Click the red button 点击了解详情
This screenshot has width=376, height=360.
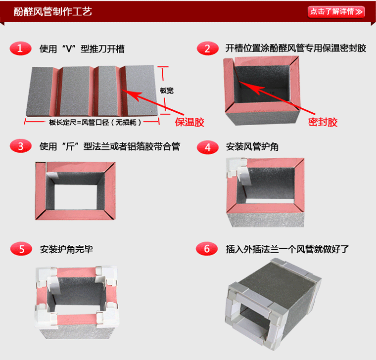[x=336, y=11]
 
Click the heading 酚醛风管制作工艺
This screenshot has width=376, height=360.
[x=53, y=11]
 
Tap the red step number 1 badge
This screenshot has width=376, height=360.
[x=20, y=48]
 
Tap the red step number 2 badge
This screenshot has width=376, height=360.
[x=207, y=48]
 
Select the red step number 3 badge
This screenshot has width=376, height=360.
[x=20, y=146]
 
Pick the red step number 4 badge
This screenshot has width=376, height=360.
[x=207, y=147]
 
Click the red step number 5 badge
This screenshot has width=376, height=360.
[x=20, y=249]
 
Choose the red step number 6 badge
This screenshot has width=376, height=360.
[x=207, y=249]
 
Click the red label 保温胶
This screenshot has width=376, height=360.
[x=190, y=122]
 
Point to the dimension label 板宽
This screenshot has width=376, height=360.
[x=167, y=90]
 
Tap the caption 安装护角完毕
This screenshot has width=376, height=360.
[x=66, y=249]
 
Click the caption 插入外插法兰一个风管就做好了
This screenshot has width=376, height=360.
[x=287, y=249]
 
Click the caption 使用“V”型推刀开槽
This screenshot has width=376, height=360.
[x=82, y=49]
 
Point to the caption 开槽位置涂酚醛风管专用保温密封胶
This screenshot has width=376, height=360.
[x=296, y=48]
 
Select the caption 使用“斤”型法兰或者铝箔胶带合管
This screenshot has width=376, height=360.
[x=109, y=147]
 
